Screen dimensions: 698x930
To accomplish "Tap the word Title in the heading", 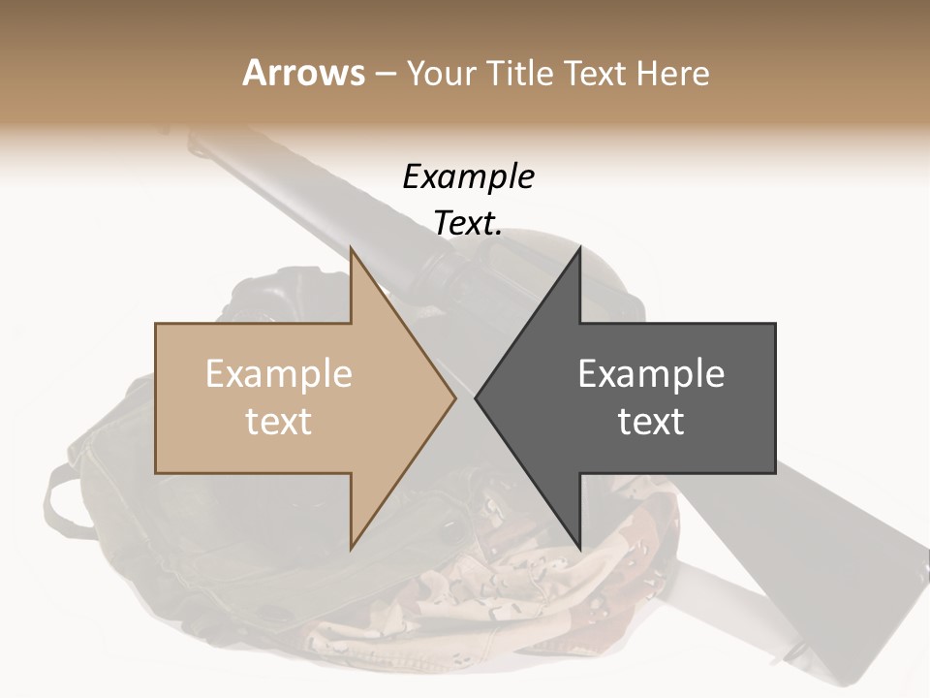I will (524, 73).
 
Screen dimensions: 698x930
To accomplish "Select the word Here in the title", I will (673, 73).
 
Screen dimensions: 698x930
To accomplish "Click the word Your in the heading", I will (440, 74).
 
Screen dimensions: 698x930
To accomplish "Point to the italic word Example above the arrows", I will (468, 177).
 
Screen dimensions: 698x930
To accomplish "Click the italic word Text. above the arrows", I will (468, 223).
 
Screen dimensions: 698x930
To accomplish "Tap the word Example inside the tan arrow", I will (279, 374).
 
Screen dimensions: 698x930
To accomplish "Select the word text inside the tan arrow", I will (279, 422).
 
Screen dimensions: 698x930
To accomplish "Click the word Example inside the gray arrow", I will (651, 374).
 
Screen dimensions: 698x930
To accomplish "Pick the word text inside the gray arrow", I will (651, 422).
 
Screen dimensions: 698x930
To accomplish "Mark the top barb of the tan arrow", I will (353, 254).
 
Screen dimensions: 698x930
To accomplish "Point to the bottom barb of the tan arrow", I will (353, 544).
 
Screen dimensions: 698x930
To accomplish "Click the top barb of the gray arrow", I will (578, 254).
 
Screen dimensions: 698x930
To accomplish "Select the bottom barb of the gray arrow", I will (578, 544).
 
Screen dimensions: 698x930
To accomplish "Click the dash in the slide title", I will (385, 74).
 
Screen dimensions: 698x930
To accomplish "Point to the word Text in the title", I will (597, 73).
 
